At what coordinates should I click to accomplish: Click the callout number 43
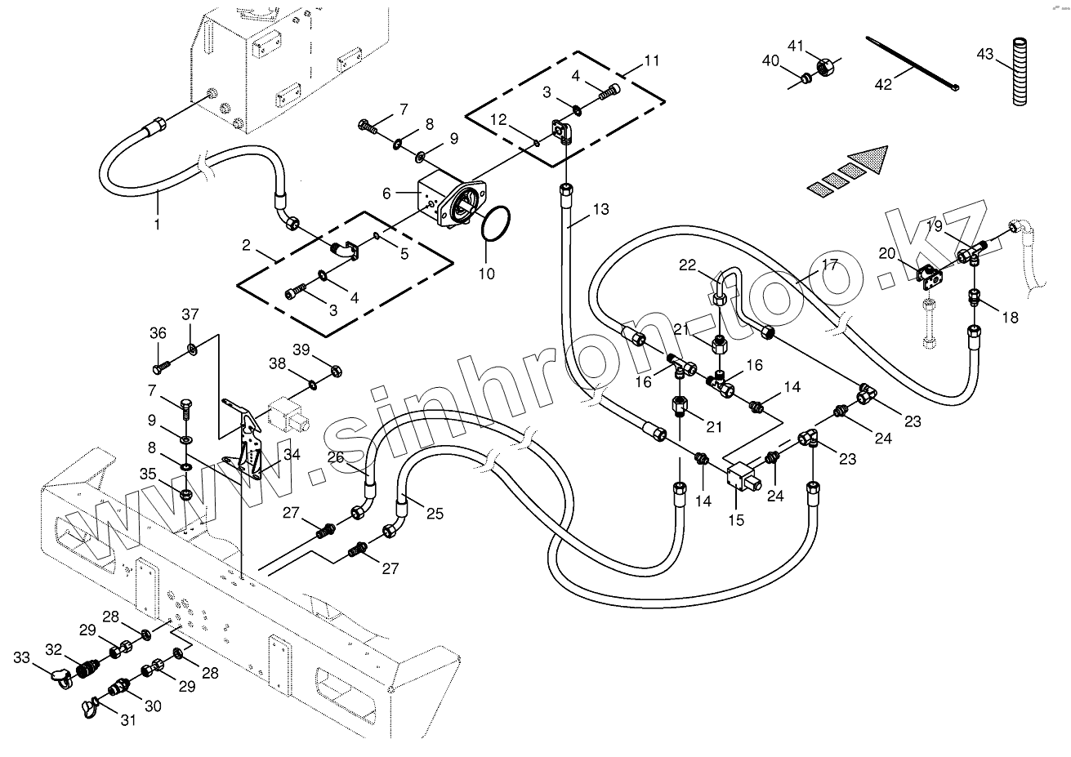tap(984, 54)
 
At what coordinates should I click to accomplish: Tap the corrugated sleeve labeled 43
tap(1020, 72)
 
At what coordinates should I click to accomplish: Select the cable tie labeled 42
tap(913, 64)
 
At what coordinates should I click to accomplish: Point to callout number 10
tap(486, 274)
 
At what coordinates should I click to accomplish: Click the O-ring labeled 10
tap(495, 224)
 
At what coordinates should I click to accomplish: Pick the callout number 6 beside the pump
tap(386, 194)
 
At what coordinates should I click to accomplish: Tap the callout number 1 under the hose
tap(157, 224)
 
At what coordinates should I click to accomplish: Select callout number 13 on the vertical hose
tap(601, 209)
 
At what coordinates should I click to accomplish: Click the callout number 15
tap(736, 520)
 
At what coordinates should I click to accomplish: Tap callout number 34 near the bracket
tap(292, 454)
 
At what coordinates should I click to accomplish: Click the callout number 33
tap(21, 657)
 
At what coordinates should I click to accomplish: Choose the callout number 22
tap(688, 265)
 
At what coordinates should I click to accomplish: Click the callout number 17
tap(830, 264)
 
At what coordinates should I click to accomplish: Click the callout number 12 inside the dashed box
tap(498, 119)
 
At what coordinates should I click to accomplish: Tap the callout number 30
tap(153, 706)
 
